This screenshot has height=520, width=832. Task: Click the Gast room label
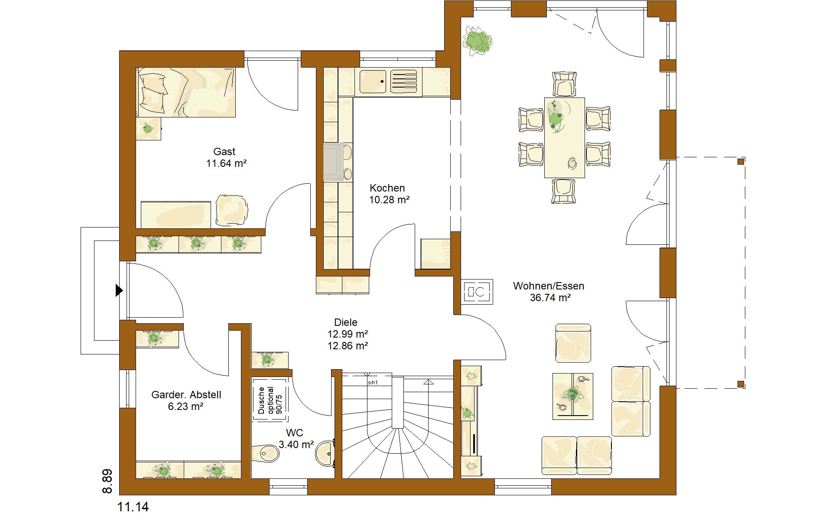224,152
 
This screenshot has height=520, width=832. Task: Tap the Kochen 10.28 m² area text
390,200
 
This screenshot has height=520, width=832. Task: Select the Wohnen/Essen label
549,286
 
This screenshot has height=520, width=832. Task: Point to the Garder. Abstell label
186,395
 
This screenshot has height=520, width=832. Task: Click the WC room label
294,432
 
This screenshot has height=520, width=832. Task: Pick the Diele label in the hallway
346,322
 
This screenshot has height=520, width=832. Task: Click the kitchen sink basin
372,82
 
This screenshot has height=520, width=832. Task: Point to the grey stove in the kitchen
333,162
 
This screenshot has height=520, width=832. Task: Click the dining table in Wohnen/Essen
565,137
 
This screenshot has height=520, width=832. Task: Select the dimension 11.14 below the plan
133,507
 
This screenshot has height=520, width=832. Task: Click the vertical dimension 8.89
107,481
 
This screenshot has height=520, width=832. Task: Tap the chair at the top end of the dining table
565,84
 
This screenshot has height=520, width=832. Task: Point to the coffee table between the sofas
572,396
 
